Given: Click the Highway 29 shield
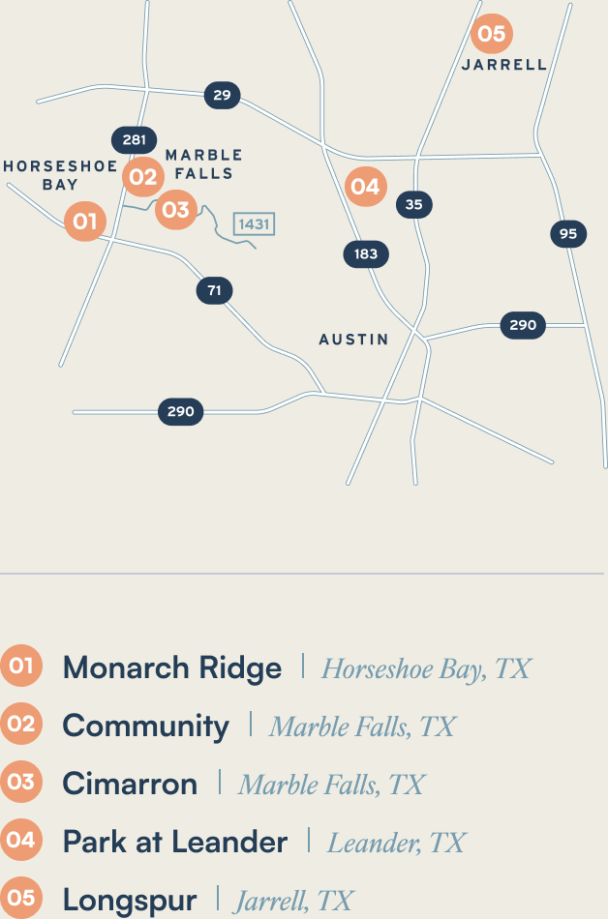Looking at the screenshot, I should (x=222, y=95).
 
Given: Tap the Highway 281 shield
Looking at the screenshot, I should (x=134, y=140).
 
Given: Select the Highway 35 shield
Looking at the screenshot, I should (x=414, y=204).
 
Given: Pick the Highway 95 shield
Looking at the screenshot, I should (x=568, y=233).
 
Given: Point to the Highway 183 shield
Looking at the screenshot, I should (x=366, y=254).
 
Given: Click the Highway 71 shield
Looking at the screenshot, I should (x=214, y=290).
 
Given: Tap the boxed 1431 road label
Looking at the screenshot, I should (x=254, y=224).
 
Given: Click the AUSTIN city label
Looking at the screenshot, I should (x=353, y=340).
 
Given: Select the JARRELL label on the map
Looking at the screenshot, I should (x=503, y=65).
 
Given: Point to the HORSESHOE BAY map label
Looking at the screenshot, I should (x=60, y=175).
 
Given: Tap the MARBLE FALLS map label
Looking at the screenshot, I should (x=203, y=164).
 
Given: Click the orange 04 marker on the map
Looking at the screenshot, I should (x=365, y=186).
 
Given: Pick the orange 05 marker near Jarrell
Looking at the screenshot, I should (x=492, y=34).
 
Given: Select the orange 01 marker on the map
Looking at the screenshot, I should (x=85, y=222).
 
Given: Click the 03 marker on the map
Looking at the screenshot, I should (x=175, y=208).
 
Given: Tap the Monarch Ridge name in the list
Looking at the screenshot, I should (x=172, y=667).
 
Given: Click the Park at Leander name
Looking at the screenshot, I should (x=175, y=842).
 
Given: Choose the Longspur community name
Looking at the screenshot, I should (x=130, y=900).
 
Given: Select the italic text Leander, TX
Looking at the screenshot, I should (x=397, y=843).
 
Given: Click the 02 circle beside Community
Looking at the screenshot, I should (x=20, y=725).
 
